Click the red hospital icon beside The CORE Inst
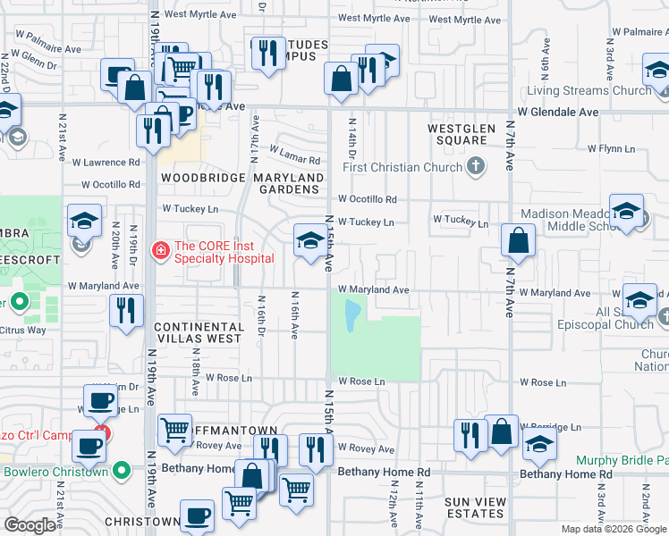pos(161,250)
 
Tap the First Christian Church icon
pos(476,167)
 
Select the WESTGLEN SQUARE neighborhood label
pos(456,134)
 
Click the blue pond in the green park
pos(351,312)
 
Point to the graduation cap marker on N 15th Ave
pos(310,240)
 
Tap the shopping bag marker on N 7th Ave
pos(518,241)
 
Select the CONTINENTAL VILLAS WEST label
pos(198,332)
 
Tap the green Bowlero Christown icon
pos(122,471)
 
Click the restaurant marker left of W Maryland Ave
pos(126,312)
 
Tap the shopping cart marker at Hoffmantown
pos(174,431)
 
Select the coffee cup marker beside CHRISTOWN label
pos(197,515)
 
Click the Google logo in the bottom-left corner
pos(30,525)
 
